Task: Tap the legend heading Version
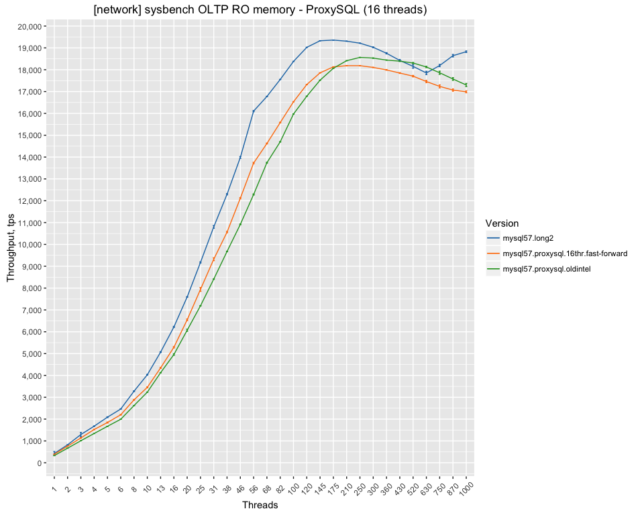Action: pyautogui.click(x=502, y=223)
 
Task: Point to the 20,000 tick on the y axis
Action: pyautogui.click(x=31, y=26)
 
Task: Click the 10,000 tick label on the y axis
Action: pyautogui.click(x=31, y=245)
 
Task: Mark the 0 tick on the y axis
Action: pyautogui.click(x=41, y=463)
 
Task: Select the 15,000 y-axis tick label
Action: pyautogui.click(x=31, y=135)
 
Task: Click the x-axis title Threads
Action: pyautogui.click(x=260, y=506)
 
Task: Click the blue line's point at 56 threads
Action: pyautogui.click(x=254, y=111)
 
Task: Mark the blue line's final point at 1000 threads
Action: pyautogui.click(x=466, y=52)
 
